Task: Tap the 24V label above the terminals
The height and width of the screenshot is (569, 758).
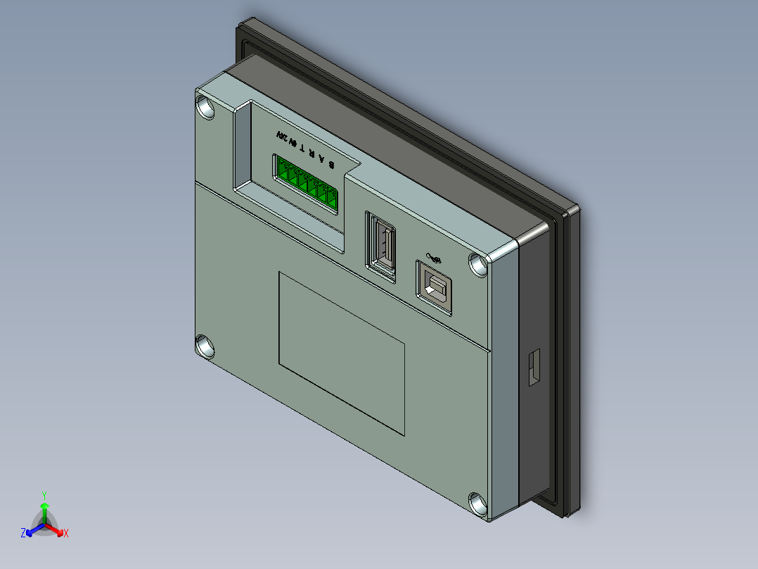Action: click(x=282, y=137)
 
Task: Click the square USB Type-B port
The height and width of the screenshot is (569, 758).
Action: click(x=435, y=288)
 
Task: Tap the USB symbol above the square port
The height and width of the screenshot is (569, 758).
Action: click(x=433, y=259)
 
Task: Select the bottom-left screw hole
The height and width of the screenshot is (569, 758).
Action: click(x=205, y=347)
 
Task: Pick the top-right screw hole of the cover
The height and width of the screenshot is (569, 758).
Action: click(x=479, y=265)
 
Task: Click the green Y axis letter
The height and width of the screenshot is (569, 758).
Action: click(x=44, y=495)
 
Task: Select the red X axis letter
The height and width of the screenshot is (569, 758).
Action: click(x=65, y=534)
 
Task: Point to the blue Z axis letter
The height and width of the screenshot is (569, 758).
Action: click(x=23, y=533)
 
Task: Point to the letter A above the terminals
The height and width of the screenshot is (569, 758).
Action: click(x=322, y=157)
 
